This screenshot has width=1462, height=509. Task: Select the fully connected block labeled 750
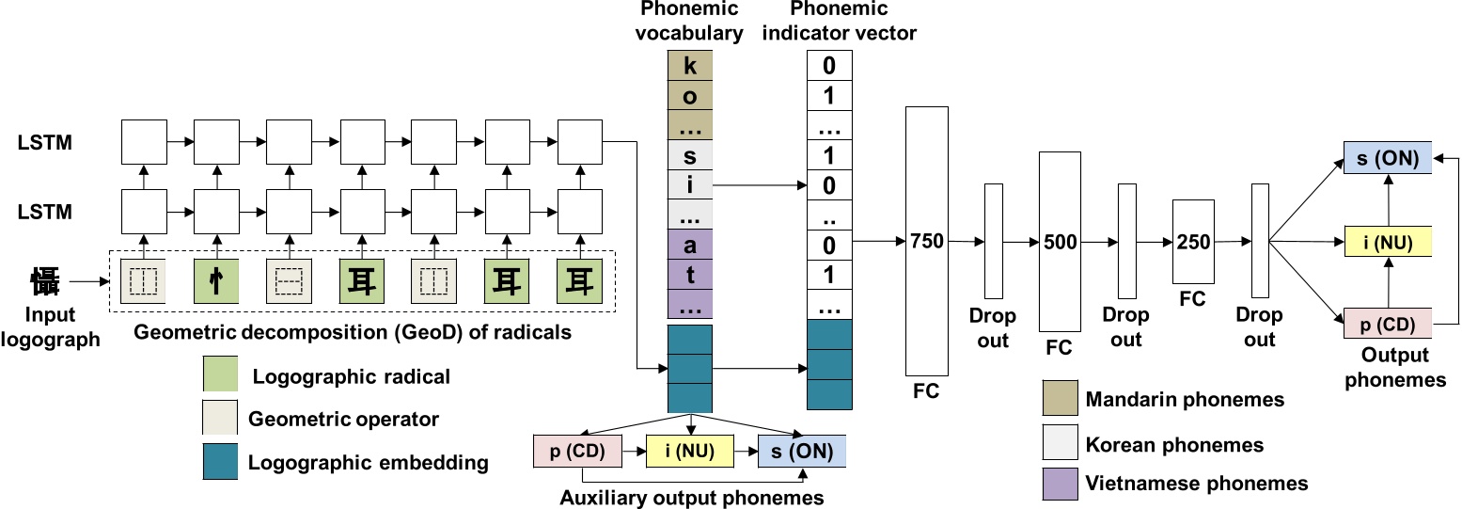(x=928, y=241)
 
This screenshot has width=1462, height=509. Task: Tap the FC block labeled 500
(x=1060, y=241)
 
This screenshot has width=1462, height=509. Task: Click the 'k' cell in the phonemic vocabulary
(x=690, y=67)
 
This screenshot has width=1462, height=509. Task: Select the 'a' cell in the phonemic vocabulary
(x=690, y=247)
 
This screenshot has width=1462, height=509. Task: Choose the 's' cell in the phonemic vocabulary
(x=690, y=155)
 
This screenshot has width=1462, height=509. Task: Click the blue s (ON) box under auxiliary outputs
(x=802, y=451)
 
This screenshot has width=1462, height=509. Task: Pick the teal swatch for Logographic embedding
(x=220, y=461)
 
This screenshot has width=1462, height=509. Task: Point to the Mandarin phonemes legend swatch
(x=1060, y=399)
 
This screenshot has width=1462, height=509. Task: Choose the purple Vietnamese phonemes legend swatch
(x=1060, y=483)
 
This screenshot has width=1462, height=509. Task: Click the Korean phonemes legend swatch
(x=1060, y=441)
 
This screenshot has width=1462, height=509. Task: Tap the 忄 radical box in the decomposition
(x=216, y=280)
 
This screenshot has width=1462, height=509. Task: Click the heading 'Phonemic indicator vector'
(x=854, y=22)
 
